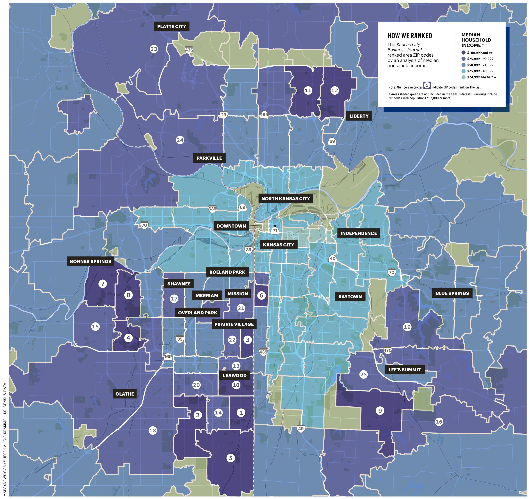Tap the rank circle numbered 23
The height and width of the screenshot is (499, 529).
(x=154, y=49)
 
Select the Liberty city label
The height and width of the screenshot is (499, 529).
(x=359, y=116)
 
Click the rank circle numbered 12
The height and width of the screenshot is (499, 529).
(x=334, y=91)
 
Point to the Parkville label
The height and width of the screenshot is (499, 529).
(x=209, y=158)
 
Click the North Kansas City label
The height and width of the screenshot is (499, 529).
(x=285, y=199)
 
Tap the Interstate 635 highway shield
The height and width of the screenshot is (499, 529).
(x=212, y=209)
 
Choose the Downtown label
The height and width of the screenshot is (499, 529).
(x=231, y=226)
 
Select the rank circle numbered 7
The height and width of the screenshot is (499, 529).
(x=103, y=284)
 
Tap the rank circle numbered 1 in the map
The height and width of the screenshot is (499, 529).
(x=241, y=413)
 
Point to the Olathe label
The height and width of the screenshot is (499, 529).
(x=125, y=394)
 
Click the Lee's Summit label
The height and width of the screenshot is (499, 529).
(x=404, y=370)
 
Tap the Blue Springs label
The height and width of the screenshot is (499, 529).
(x=452, y=293)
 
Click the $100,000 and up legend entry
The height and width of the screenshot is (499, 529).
(x=480, y=53)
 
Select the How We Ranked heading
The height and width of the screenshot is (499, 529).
(x=410, y=36)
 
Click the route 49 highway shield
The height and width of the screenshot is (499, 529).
(x=301, y=428)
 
